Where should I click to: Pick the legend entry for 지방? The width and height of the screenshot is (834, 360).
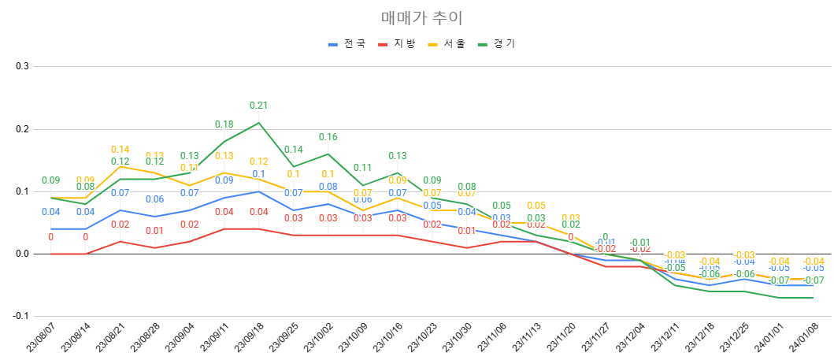(x=404, y=44)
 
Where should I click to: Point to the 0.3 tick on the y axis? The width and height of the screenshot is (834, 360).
(x=22, y=66)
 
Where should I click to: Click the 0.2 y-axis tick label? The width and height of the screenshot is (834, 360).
(x=22, y=128)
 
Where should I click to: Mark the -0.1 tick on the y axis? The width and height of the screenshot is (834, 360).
(x=20, y=316)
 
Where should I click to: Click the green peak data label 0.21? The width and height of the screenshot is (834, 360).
(x=258, y=106)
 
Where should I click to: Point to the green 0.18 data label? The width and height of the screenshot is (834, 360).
(x=224, y=124)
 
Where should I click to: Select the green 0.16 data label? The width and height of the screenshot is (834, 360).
(x=328, y=137)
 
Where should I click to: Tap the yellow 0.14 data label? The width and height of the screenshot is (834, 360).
(x=120, y=150)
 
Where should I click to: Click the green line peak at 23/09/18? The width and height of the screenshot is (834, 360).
(x=258, y=122)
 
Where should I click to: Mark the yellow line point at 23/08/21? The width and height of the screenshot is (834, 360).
(x=120, y=166)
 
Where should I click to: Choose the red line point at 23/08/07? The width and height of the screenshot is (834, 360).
(x=50, y=254)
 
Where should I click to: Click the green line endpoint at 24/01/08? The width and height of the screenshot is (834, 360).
(x=813, y=298)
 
